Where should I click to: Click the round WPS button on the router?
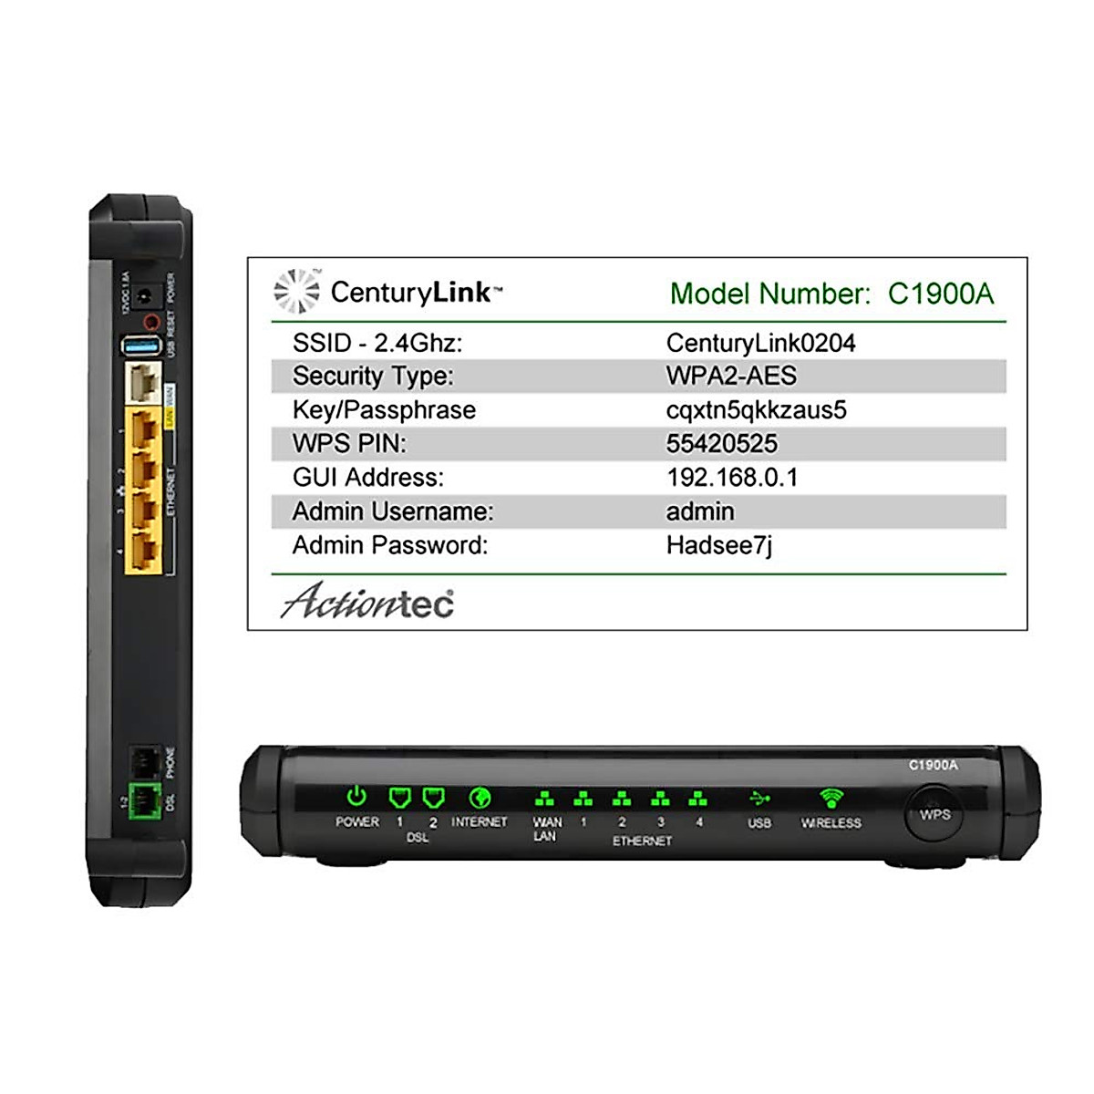934,814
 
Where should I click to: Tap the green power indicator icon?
356,798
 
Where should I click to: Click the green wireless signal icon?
831,799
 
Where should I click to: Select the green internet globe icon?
480,799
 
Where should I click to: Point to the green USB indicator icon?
759,799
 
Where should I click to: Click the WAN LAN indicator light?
544,800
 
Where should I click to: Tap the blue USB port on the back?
142,346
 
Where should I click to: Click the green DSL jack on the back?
142,801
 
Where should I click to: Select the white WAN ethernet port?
143,384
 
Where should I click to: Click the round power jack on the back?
144,295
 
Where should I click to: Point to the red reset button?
151,321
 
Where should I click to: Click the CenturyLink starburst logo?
297,292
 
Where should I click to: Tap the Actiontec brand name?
367,602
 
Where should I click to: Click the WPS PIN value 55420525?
722,444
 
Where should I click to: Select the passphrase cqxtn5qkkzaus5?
756,410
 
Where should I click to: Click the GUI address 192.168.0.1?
732,478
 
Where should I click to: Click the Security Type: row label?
373,377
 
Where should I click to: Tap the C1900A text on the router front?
934,765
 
